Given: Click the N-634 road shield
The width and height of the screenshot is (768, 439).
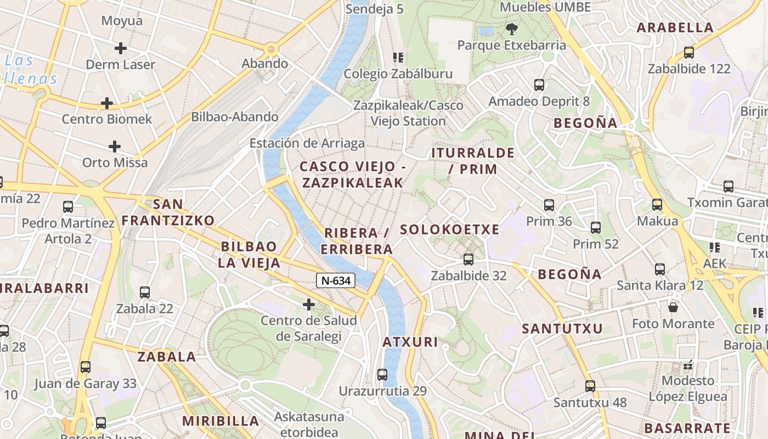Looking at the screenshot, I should pyautogui.click(x=336, y=280).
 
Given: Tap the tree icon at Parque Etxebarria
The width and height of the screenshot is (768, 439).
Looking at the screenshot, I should pyautogui.click(x=512, y=29).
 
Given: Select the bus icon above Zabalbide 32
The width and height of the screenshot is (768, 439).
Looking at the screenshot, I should pyautogui.click(x=468, y=259).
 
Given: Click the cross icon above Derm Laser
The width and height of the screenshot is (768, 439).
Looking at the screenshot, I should pyautogui.click(x=121, y=48).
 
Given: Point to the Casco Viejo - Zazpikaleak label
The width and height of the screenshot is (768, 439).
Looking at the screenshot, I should pyautogui.click(x=352, y=175).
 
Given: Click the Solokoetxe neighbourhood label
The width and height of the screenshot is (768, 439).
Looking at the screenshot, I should pyautogui.click(x=450, y=229).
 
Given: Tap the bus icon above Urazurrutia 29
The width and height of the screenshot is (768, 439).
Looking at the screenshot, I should pyautogui.click(x=382, y=375).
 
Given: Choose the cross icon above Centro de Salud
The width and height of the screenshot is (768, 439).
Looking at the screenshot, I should pyautogui.click(x=309, y=304).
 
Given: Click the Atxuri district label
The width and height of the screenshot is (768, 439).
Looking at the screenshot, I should pyautogui.click(x=410, y=342).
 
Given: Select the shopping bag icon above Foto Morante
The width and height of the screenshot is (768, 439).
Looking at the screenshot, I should pyautogui.click(x=673, y=307).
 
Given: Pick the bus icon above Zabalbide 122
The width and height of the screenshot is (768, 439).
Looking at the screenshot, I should pyautogui.click(x=689, y=53).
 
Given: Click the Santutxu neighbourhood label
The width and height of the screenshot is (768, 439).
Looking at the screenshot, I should pyautogui.click(x=562, y=329).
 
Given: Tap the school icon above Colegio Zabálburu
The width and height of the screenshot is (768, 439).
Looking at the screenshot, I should pyautogui.click(x=398, y=57).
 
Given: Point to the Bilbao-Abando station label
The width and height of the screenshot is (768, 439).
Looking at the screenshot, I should pyautogui.click(x=234, y=117).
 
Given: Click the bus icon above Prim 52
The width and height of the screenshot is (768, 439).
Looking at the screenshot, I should pyautogui.click(x=596, y=227).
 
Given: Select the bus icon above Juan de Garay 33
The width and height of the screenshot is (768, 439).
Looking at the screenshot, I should pyautogui.click(x=86, y=367).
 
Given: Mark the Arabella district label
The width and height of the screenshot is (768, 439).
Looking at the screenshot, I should pyautogui.click(x=675, y=27).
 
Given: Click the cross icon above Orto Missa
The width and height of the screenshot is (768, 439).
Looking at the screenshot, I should pyautogui.click(x=115, y=147).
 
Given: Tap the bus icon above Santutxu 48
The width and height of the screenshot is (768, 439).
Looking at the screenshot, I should pyautogui.click(x=590, y=386).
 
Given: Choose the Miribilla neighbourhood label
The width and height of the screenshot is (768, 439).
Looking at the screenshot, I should pyautogui.click(x=221, y=421).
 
